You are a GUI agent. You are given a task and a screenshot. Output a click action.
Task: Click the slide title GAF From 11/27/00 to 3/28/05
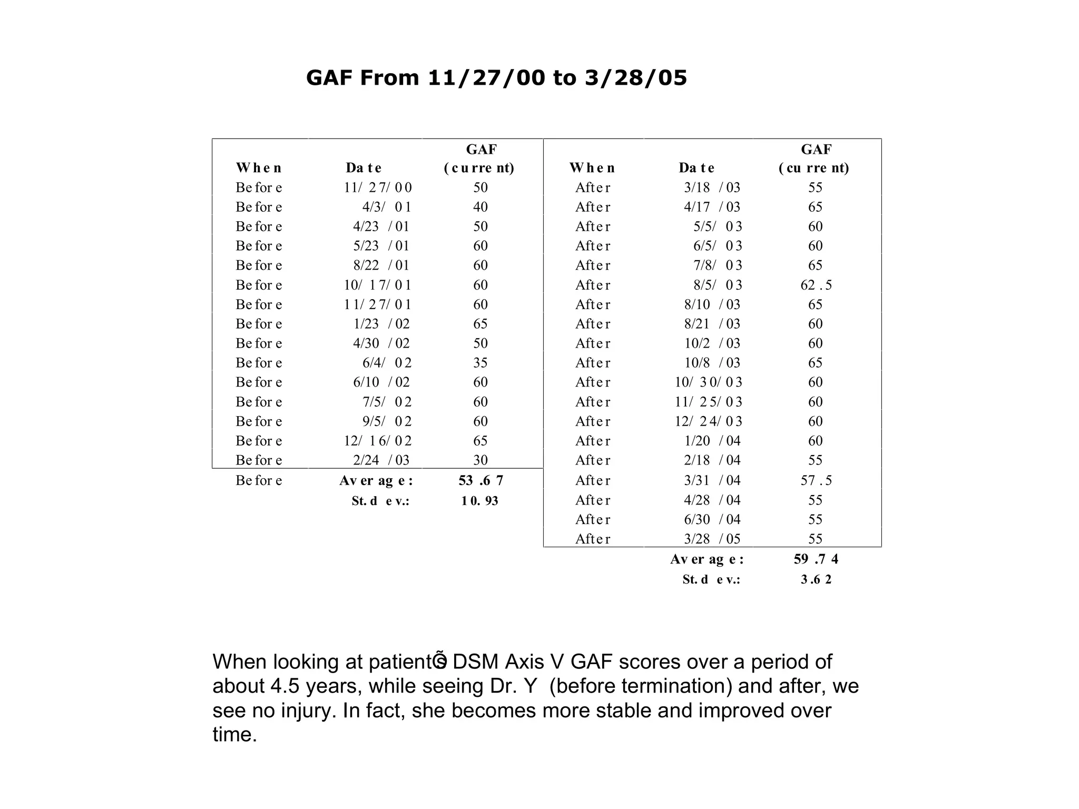[x=496, y=78]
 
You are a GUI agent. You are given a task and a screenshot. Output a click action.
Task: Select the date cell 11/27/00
[x=378, y=188]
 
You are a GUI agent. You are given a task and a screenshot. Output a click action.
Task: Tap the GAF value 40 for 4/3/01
[x=480, y=207]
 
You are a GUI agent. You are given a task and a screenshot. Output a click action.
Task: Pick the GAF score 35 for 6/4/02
[x=480, y=363]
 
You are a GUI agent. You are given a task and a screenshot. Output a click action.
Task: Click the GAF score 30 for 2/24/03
[x=480, y=460]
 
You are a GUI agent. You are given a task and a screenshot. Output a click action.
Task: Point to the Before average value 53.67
[x=481, y=480]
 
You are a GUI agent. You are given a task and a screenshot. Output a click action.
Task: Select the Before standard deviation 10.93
[x=480, y=501]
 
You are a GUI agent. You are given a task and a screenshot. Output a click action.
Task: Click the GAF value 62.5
[x=816, y=285]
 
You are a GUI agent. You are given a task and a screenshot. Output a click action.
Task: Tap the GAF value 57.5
[x=816, y=480]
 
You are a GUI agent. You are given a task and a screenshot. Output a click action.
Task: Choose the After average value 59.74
[x=816, y=559]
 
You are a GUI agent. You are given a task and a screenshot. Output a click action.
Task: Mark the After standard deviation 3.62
[x=816, y=579]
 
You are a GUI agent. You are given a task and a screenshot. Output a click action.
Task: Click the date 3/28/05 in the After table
[x=712, y=539]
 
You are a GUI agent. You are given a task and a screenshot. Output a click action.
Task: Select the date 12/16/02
[x=378, y=441]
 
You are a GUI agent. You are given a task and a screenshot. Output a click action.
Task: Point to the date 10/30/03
[x=708, y=382]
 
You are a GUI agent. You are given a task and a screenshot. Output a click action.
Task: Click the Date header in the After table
[x=696, y=168]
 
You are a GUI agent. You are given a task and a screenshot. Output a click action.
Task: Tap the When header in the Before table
[x=259, y=168]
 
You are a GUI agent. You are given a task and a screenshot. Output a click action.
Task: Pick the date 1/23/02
[x=381, y=324]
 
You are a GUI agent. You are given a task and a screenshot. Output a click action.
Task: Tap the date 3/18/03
[x=712, y=188]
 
